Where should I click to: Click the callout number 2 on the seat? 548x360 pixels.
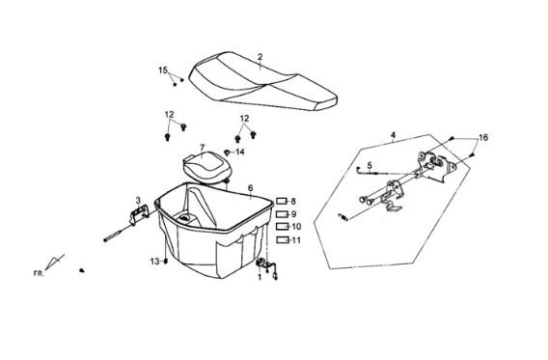[x=260, y=57]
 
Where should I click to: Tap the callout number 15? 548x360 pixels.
[x=163, y=70]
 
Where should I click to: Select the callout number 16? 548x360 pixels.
[x=483, y=138]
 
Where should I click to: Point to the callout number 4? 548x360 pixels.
[x=393, y=135]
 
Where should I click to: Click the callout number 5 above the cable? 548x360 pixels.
[x=370, y=165]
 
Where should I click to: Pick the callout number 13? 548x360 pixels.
[x=154, y=262]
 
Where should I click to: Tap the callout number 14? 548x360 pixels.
[x=240, y=152]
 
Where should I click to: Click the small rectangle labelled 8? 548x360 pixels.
[x=282, y=201]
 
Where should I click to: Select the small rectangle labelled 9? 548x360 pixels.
[x=282, y=214]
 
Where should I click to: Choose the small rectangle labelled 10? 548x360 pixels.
[x=282, y=227]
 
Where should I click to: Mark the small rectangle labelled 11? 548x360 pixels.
[x=282, y=240]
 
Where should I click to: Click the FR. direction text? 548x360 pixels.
[x=39, y=274]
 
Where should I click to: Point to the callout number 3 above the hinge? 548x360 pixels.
[x=138, y=201]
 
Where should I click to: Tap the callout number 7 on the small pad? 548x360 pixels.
[x=202, y=148]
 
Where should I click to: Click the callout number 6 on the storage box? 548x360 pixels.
[x=250, y=188]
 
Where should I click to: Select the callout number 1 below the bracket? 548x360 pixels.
[x=260, y=278]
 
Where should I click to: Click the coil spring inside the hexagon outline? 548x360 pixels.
[x=342, y=217]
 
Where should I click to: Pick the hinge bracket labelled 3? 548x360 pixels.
[x=139, y=214]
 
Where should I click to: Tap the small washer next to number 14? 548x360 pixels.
[x=227, y=152]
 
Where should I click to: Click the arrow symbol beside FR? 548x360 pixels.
[x=55, y=263]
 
